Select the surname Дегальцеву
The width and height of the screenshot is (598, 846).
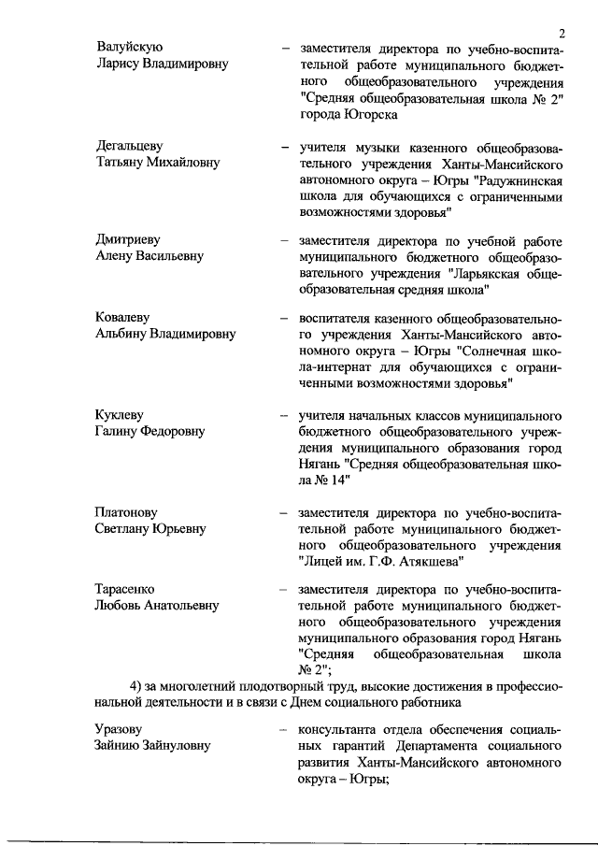tap(130, 145)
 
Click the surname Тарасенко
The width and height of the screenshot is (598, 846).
tap(125, 589)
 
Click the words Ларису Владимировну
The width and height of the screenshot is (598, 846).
tap(162, 65)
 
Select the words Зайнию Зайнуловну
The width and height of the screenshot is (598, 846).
tap(152, 745)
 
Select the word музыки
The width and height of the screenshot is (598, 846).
tap(378, 146)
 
